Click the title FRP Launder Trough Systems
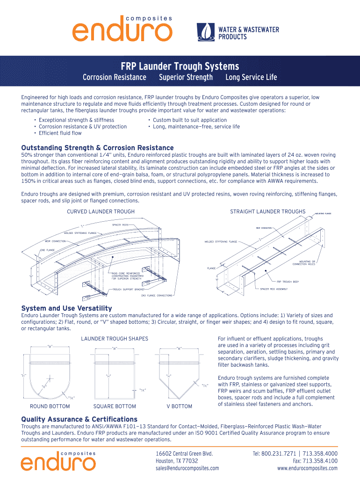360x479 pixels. click(x=180, y=66)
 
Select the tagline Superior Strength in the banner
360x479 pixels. click(x=186, y=77)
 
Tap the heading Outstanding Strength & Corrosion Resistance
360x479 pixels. click(x=97, y=148)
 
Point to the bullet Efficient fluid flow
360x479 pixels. click(x=60, y=133)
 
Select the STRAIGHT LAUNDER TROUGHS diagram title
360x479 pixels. click(x=267, y=211)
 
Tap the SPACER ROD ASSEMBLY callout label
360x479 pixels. click(x=274, y=289)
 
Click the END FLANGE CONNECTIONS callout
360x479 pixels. click(x=157, y=296)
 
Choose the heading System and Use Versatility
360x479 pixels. click(x=66, y=308)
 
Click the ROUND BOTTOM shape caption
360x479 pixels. click(x=50, y=406)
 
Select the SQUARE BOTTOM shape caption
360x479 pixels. click(x=115, y=406)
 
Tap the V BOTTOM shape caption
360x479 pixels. click(x=179, y=406)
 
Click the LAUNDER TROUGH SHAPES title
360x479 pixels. click(x=115, y=339)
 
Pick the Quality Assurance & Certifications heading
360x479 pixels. click(x=79, y=419)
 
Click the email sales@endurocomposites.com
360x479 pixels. click(x=187, y=468)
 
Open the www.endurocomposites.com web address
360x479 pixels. click(x=307, y=468)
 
